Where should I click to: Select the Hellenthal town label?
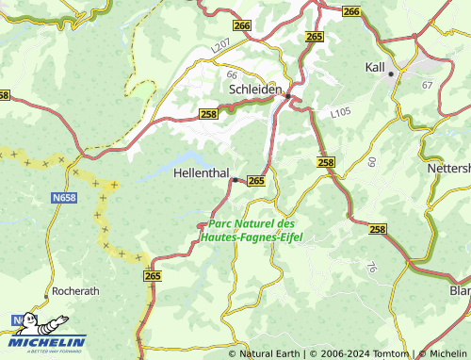click(201, 174)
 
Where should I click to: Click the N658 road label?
click(62, 200)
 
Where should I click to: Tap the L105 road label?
click(340, 113)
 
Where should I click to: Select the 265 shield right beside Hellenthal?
click(256, 180)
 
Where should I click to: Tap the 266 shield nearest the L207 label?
click(242, 26)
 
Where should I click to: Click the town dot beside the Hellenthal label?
click(235, 179)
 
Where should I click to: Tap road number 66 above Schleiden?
click(232, 73)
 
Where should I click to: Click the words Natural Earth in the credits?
click(270, 353)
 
